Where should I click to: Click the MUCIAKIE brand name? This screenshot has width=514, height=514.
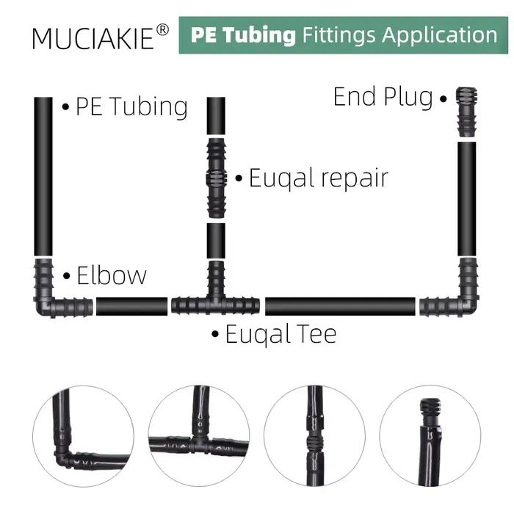click(93, 39)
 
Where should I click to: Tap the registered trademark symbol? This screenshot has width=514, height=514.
click(162, 30)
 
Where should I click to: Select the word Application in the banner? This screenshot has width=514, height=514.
click(439, 35)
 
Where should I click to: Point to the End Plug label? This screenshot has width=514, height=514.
click(383, 97)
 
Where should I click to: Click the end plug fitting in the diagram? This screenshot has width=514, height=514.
click(467, 112)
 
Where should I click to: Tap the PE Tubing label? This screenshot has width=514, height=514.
click(131, 106)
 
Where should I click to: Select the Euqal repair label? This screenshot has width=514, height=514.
click(319, 178)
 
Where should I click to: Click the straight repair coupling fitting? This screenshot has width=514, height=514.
click(216, 178)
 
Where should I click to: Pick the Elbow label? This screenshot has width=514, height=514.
click(112, 275)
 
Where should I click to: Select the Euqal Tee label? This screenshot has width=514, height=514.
click(281, 334)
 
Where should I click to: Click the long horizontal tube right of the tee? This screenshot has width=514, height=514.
click(340, 307)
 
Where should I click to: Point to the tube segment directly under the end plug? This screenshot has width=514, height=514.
click(467, 199)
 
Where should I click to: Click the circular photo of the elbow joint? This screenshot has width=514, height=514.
click(83, 436)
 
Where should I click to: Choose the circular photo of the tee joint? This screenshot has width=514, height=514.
click(199, 436)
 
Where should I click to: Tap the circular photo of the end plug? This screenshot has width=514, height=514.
click(430, 436)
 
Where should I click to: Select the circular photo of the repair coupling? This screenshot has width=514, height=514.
click(315, 436)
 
